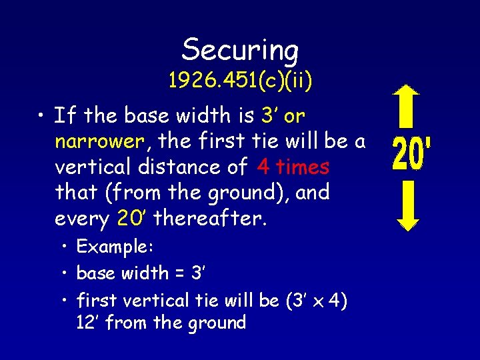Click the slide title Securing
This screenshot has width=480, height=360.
tap(240, 49)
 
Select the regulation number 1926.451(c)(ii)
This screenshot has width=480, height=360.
tap(240, 81)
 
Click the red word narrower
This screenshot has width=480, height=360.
tap(99, 141)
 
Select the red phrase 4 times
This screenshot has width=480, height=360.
tap(293, 167)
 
